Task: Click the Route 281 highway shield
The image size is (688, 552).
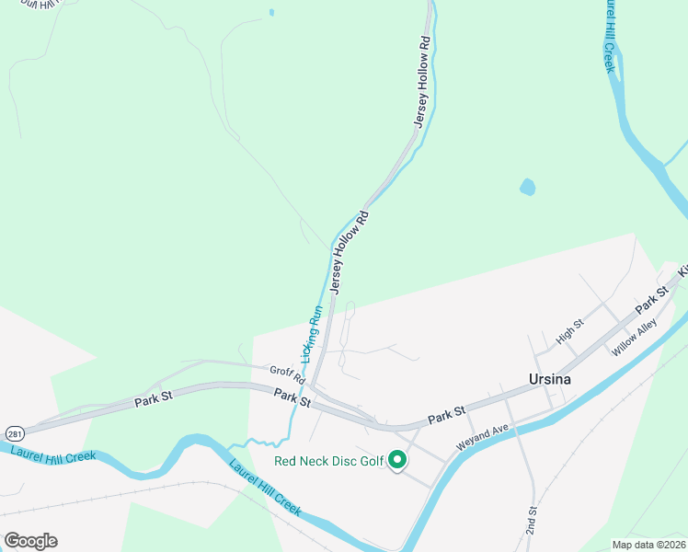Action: coord(14,431)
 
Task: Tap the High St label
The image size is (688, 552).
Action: coord(570,332)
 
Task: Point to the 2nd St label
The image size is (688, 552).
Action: coord(532,522)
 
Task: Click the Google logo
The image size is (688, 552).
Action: coord(30,541)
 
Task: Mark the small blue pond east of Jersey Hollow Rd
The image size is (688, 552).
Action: coord(528,188)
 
